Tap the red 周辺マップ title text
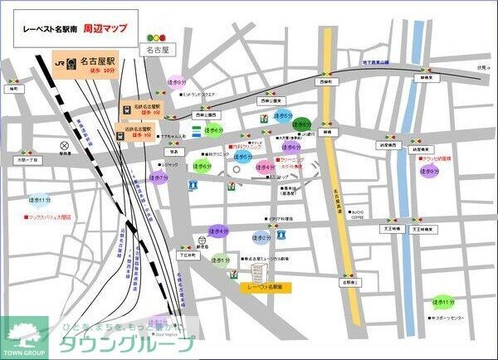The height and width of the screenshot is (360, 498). [105, 27]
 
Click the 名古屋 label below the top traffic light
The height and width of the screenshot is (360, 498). [157, 51]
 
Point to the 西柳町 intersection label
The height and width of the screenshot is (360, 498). [327, 82]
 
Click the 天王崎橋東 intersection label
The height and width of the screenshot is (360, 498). [428, 227]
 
